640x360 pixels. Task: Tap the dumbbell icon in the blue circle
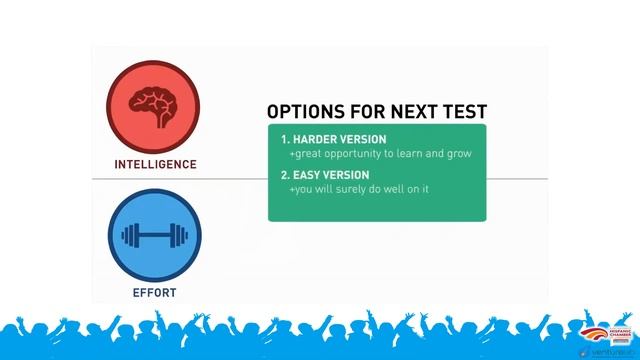(x=154, y=237)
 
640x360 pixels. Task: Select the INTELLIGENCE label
(x=154, y=163)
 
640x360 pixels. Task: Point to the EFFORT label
(x=154, y=293)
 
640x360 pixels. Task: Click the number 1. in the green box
(x=285, y=140)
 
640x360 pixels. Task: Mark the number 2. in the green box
(x=285, y=175)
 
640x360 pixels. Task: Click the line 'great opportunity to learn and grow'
(x=380, y=155)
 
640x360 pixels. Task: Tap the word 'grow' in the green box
(x=459, y=155)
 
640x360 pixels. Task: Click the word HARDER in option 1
(x=315, y=140)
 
